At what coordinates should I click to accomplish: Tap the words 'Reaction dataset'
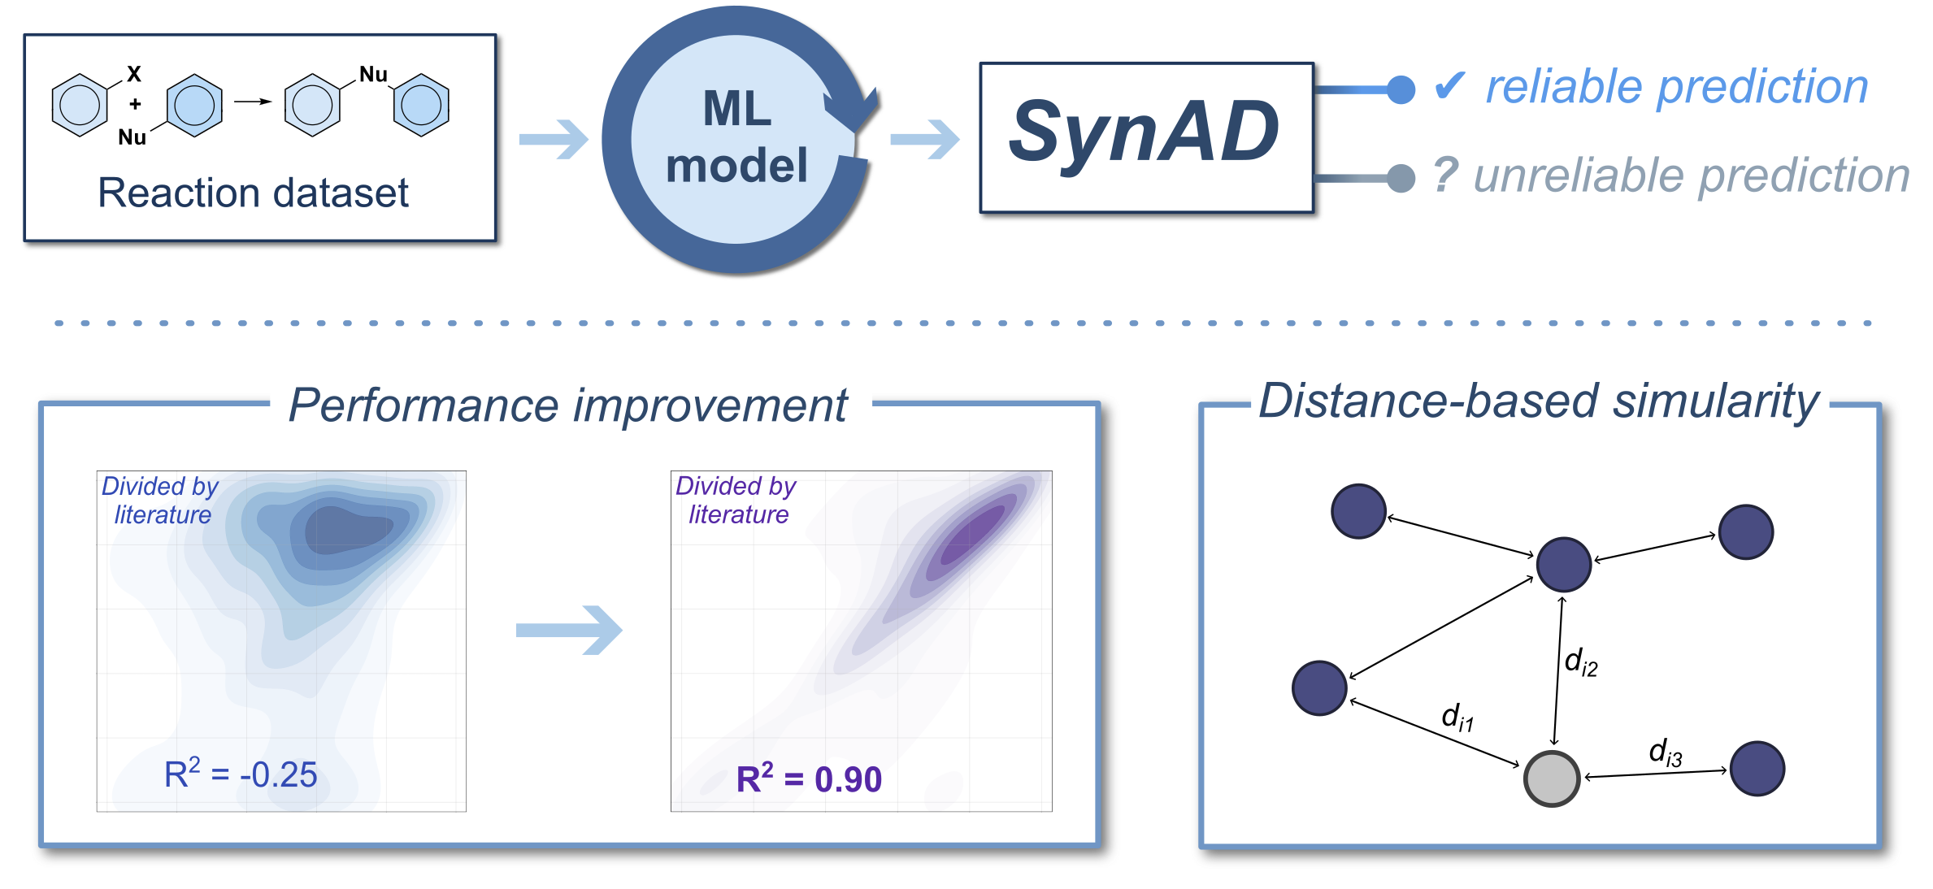tap(253, 193)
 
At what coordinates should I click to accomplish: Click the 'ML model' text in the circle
tap(736, 137)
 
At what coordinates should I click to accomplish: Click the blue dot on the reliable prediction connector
tap(1401, 89)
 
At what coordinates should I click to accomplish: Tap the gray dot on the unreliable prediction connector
tap(1401, 178)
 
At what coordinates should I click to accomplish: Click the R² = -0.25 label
tap(241, 774)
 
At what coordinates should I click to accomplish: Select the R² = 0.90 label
tap(809, 778)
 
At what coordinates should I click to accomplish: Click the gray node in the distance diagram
tap(1552, 778)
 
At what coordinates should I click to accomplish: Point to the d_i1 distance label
tap(1457, 717)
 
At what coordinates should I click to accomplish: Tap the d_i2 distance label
tap(1581, 661)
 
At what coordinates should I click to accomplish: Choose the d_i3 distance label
tap(1666, 752)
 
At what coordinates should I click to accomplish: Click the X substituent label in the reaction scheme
tap(134, 74)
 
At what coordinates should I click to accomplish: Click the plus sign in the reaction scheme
tap(135, 104)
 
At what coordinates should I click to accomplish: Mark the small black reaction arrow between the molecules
tap(253, 102)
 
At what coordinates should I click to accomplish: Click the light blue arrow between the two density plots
tap(569, 630)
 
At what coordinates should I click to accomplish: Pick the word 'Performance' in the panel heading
tap(424, 405)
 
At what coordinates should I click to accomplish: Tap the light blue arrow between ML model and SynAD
tap(925, 140)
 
